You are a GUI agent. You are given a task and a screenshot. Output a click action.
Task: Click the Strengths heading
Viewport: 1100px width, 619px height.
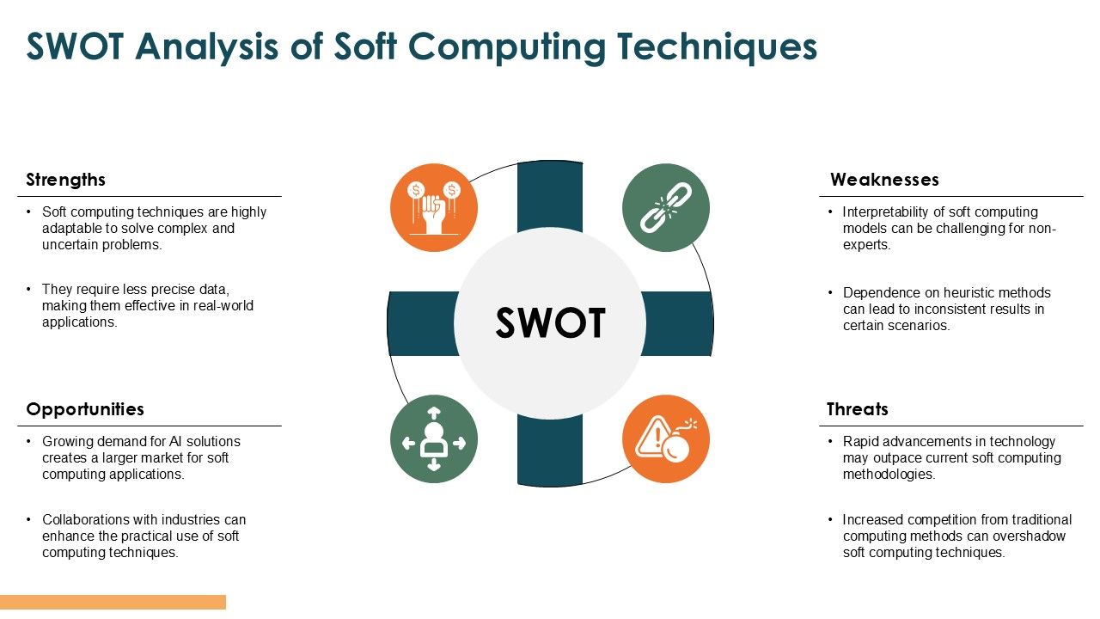66,180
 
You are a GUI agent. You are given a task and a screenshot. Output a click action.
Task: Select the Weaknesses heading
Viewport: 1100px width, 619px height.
884,180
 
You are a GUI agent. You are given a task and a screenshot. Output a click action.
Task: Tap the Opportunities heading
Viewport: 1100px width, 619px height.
85,409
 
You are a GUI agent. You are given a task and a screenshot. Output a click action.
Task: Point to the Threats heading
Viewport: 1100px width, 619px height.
858,409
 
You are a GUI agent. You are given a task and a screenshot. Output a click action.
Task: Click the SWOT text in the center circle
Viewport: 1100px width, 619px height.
550,322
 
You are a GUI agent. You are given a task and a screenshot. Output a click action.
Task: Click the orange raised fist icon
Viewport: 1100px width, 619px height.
434,208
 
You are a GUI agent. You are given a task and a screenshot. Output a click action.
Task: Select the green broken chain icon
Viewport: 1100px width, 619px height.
666,208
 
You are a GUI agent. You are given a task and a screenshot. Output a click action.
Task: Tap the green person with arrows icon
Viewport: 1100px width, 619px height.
434,439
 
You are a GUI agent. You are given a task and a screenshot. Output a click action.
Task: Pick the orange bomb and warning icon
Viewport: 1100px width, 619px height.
666,439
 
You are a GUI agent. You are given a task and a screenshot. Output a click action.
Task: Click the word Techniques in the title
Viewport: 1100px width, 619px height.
717,47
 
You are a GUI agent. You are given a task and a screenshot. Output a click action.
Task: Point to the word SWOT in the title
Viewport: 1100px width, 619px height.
75,46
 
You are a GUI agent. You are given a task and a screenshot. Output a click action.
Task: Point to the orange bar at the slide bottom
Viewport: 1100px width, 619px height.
113,602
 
